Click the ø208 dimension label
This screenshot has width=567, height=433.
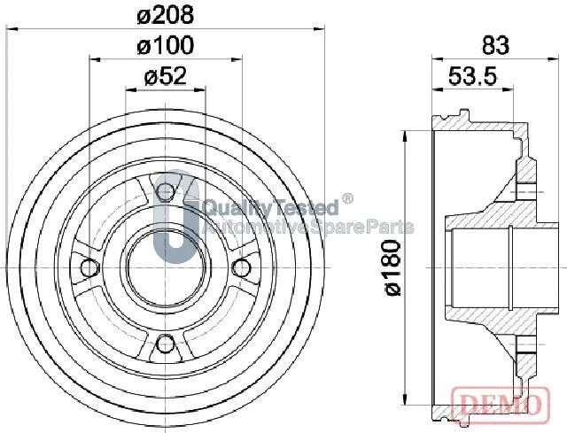166,16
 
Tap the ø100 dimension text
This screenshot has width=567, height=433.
166,46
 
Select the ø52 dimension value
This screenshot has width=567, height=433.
166,76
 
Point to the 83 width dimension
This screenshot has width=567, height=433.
495,46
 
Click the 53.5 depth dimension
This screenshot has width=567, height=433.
472,76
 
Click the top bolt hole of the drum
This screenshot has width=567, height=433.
166,191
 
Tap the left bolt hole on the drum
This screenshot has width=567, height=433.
89,267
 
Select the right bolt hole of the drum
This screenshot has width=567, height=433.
241,267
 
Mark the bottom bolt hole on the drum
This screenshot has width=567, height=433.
166,344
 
